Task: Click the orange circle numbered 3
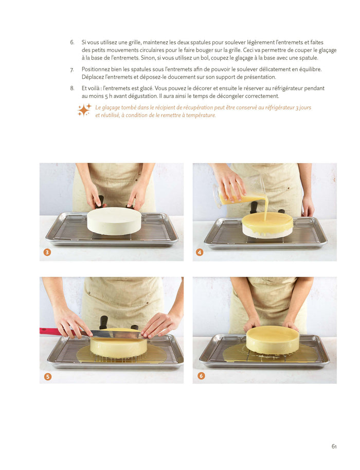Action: coord(47,252)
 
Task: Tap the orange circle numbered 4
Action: coord(200,252)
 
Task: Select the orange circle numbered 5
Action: coord(48,376)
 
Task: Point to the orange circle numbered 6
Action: coord(201,376)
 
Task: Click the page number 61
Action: coord(334,446)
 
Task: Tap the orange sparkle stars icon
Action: coord(84,110)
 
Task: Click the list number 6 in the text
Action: coord(72,42)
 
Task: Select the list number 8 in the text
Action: coord(72,88)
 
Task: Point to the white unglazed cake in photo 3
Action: coord(114,221)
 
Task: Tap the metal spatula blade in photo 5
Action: coord(116,334)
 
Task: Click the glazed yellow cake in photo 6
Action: coord(273,340)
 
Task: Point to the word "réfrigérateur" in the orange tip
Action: coord(279,107)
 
